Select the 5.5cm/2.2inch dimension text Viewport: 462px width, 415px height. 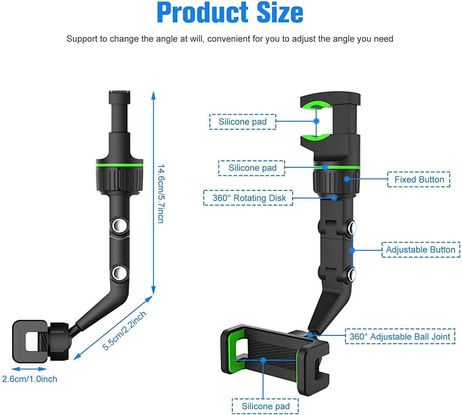click(124, 331)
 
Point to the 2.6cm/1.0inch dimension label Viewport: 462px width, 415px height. click(30, 379)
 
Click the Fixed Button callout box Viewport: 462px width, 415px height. click(419, 179)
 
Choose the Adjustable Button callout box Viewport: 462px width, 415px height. click(420, 250)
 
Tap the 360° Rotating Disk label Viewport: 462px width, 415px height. click(248, 198)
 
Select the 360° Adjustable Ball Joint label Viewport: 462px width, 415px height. click(400, 336)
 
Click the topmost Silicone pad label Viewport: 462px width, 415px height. click(242, 122)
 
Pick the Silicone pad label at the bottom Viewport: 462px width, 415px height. click(265, 406)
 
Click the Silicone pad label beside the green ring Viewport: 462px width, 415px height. click(252, 168)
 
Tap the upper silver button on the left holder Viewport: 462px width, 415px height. click(119, 226)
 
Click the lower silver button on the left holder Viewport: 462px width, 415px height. click(119, 273)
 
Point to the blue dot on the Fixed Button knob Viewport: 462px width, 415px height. click(347, 179)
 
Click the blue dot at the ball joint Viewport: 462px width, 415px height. click(310, 335)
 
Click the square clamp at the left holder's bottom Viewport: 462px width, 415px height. click(30, 341)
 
